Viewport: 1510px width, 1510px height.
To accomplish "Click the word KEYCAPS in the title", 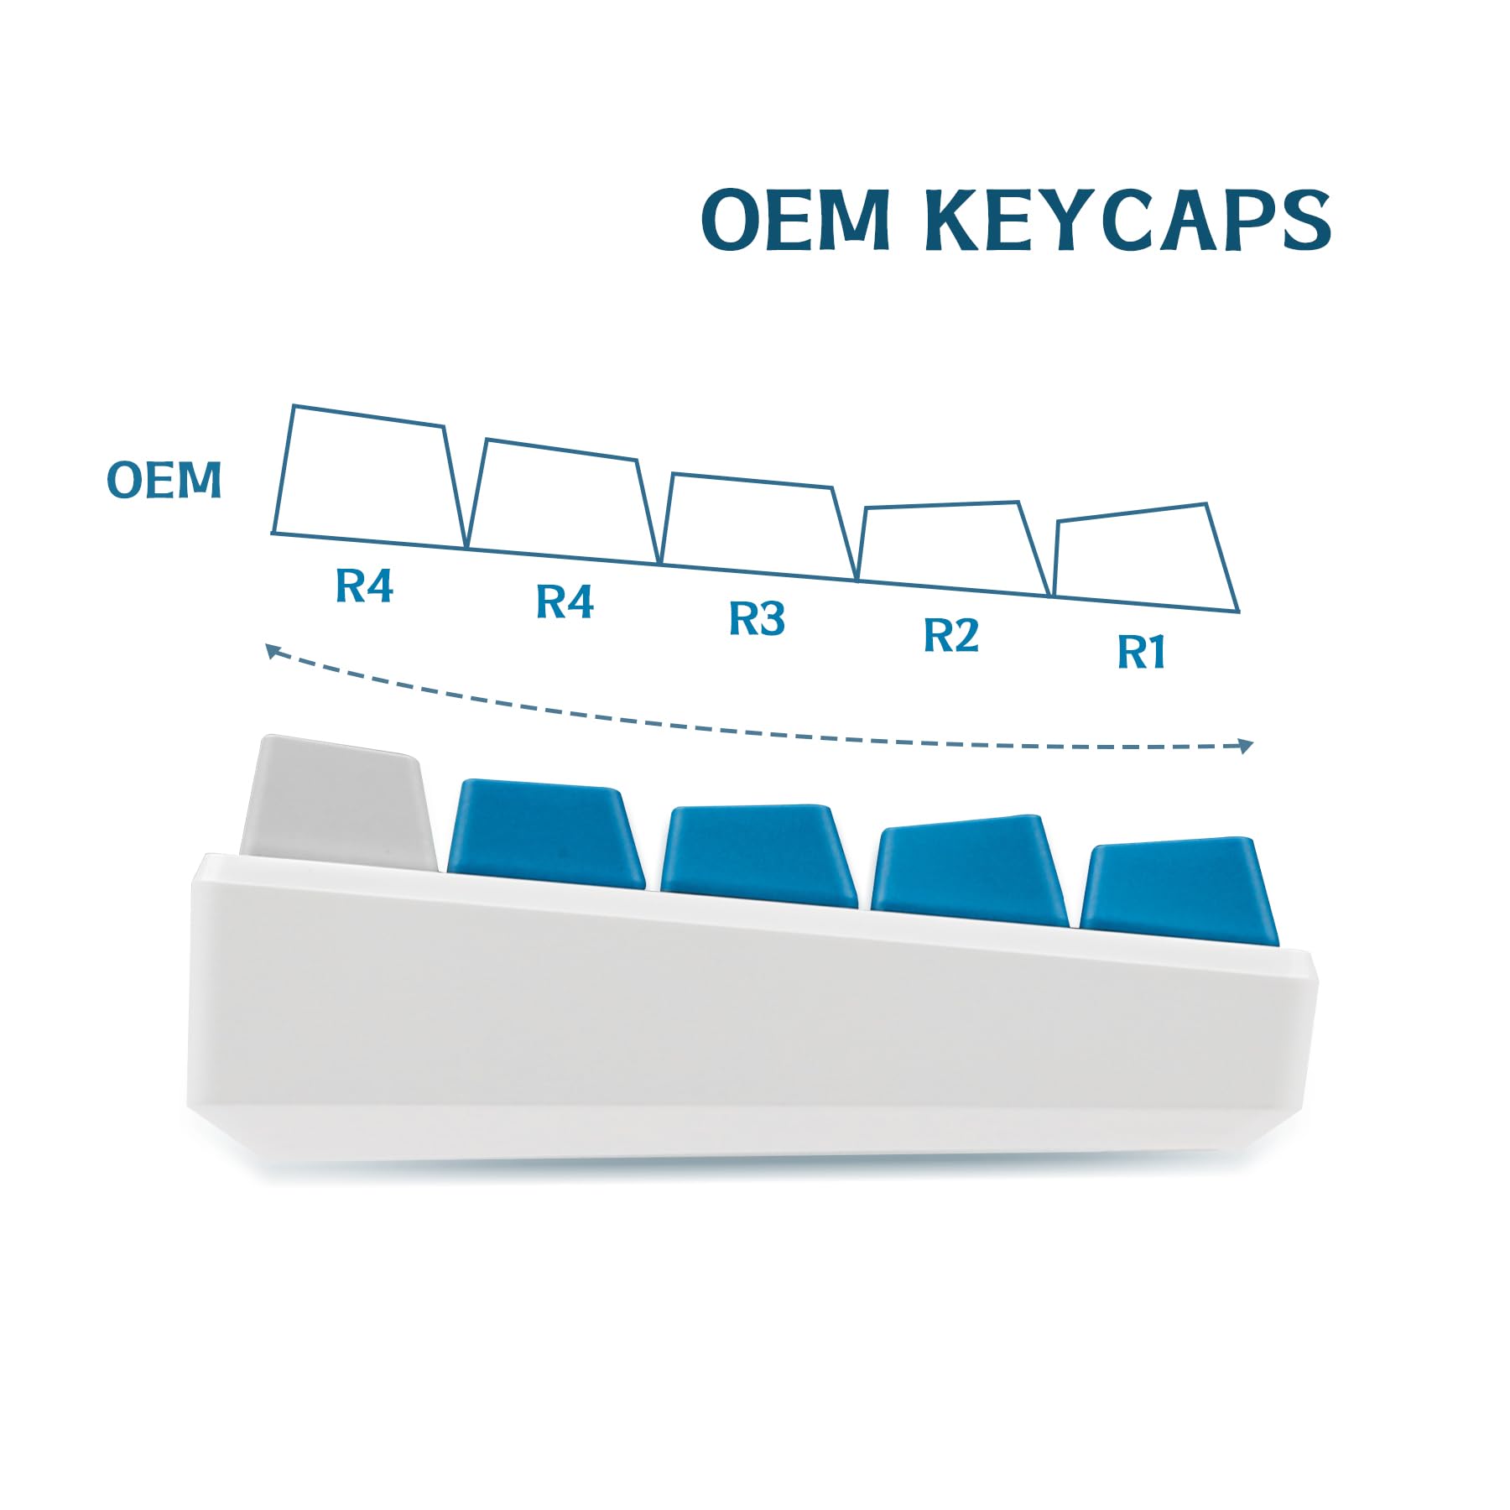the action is [1127, 219].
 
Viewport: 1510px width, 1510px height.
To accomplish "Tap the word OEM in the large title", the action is [795, 219].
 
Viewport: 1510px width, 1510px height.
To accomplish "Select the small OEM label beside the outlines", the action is [164, 480].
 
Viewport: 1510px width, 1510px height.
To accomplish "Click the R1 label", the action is [1142, 652].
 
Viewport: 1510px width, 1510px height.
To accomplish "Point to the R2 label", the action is [951, 635].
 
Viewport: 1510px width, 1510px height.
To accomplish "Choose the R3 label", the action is [757, 619].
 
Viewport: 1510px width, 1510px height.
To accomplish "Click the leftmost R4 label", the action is [364, 586].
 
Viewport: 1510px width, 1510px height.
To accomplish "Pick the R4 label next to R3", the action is [565, 602].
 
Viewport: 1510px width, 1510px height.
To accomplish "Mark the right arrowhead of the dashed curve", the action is [1246, 746].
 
